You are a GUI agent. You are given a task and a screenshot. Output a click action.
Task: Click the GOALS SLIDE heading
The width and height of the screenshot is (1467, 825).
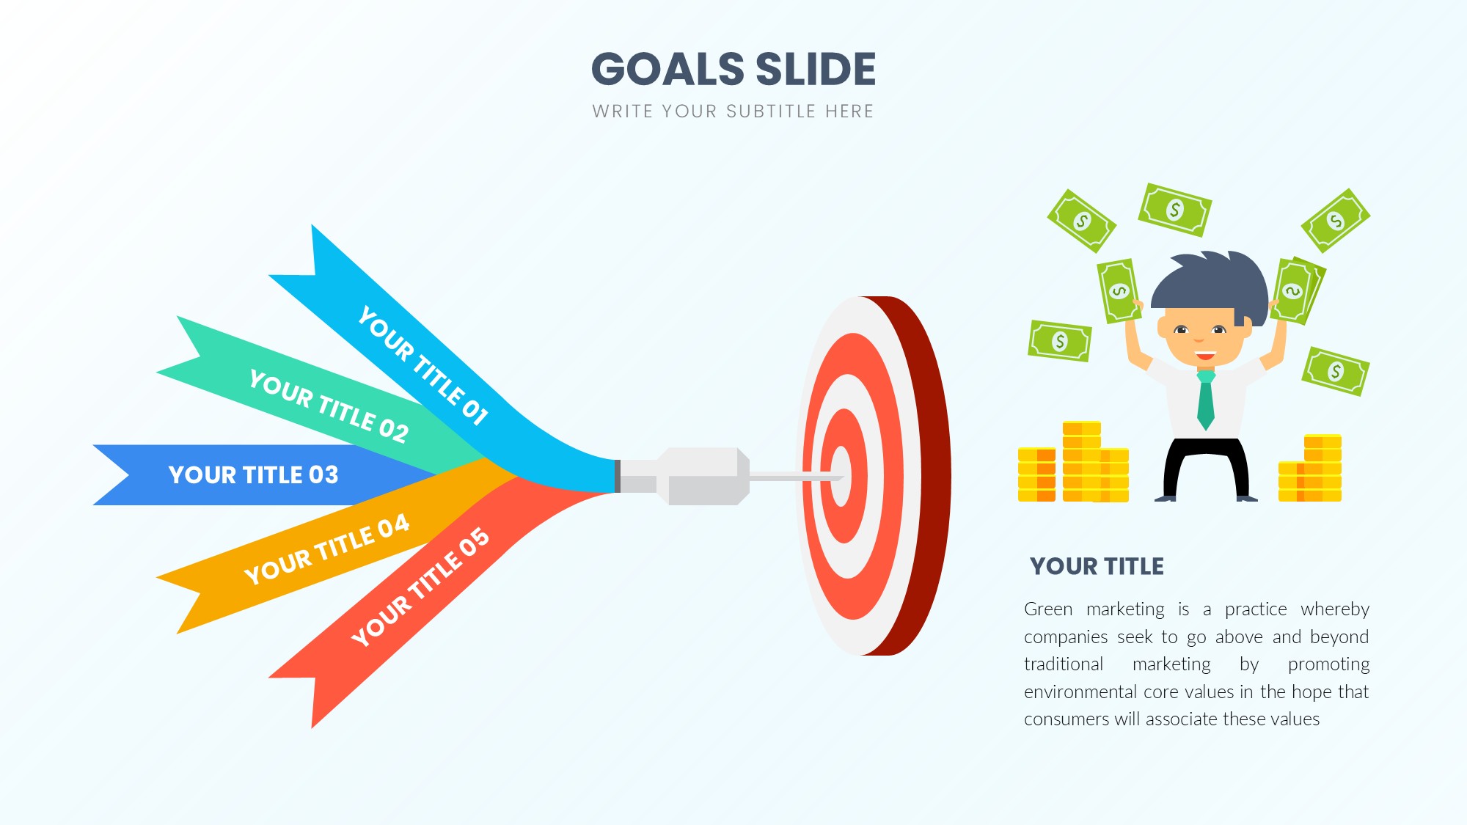(x=733, y=69)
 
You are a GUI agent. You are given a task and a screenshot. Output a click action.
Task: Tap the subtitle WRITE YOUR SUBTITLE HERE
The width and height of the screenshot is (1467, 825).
(x=733, y=111)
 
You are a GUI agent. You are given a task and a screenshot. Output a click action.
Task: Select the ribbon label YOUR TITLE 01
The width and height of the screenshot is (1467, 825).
(x=423, y=365)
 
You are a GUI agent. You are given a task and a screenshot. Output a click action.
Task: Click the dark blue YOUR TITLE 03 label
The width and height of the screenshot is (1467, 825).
(x=254, y=475)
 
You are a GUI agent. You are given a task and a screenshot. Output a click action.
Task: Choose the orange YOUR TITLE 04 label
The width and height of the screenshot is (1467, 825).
(x=326, y=549)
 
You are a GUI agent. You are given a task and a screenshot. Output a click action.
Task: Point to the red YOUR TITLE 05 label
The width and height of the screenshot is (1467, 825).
(x=420, y=587)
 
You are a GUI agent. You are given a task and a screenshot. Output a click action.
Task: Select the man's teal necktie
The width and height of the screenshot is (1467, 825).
(x=1205, y=400)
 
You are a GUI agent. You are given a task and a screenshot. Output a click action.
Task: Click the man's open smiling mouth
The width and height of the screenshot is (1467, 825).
(x=1204, y=356)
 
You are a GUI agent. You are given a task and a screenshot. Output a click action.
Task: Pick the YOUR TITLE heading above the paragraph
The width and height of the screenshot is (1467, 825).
(x=1097, y=567)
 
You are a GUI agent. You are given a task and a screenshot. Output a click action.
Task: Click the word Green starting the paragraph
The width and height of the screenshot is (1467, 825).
(x=1048, y=609)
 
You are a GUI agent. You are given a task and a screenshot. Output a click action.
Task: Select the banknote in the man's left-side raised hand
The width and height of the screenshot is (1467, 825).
(x=1119, y=291)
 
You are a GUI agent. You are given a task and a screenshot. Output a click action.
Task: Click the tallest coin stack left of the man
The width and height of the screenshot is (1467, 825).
(x=1082, y=461)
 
